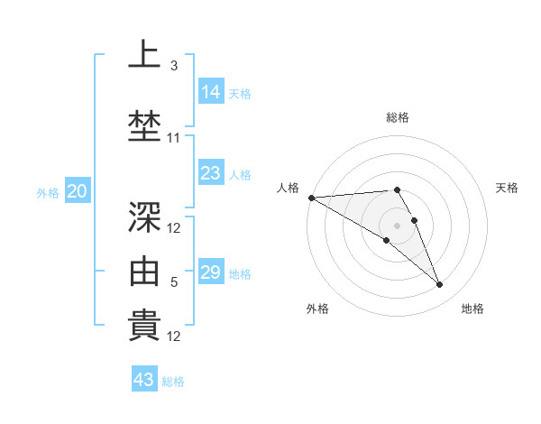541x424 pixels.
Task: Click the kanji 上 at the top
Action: click(144, 55)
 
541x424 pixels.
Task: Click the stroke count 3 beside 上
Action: click(173, 65)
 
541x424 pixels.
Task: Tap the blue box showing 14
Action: click(211, 92)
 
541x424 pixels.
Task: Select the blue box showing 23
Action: click(211, 173)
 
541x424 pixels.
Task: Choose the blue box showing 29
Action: click(211, 272)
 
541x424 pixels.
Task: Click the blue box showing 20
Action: click(78, 191)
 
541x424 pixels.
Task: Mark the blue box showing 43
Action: click(144, 380)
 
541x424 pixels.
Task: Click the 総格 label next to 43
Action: click(173, 382)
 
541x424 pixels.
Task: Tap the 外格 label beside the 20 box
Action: click(48, 192)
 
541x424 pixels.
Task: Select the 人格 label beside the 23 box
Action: click(240, 174)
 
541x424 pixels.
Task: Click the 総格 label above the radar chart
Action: click(397, 117)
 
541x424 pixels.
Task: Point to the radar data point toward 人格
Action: click(311, 198)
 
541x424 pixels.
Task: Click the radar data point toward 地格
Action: click(440, 285)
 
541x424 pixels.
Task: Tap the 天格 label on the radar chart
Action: click(507, 188)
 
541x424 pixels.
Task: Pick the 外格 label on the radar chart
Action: click(317, 309)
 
